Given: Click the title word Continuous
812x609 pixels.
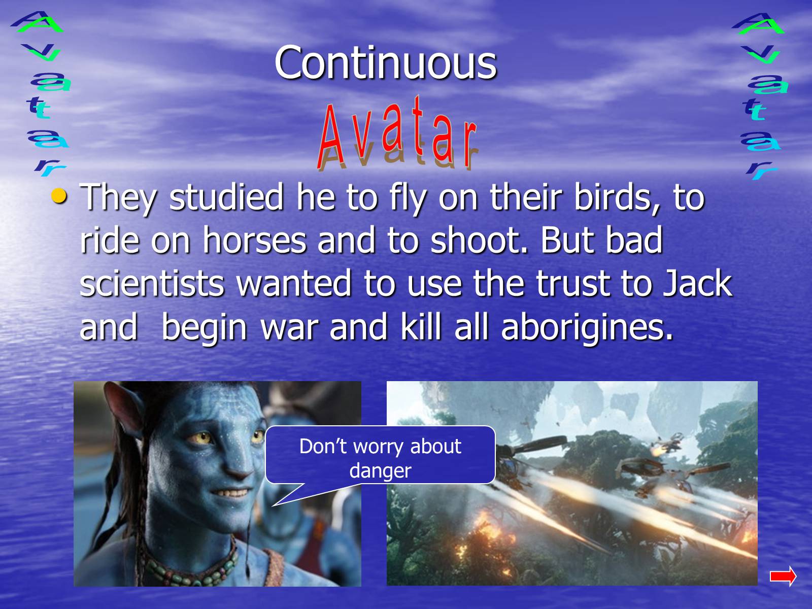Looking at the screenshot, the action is pyautogui.click(x=386, y=63).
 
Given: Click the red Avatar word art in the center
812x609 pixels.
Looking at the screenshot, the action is pyautogui.click(x=397, y=132).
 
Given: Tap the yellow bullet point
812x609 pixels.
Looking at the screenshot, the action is pyautogui.click(x=59, y=196).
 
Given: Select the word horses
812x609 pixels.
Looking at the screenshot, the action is pyautogui.click(x=255, y=241).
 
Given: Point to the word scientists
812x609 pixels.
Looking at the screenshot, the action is pyautogui.click(x=152, y=283).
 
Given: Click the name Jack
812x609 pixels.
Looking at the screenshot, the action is pyautogui.click(x=697, y=283).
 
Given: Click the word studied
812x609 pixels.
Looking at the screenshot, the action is pyautogui.click(x=226, y=197).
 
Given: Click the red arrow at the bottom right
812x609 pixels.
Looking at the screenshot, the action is pyautogui.click(x=783, y=576).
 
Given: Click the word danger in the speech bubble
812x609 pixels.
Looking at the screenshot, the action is pyautogui.click(x=380, y=471).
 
